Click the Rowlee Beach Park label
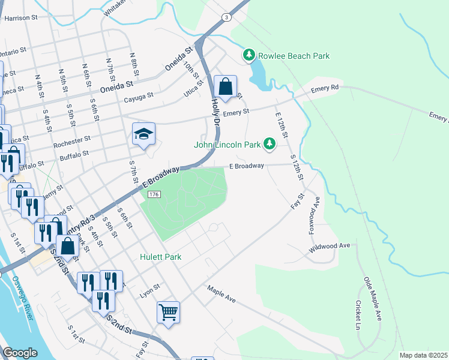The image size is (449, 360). (x=294, y=56)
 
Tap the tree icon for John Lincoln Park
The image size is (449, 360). (x=270, y=143)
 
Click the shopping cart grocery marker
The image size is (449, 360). (x=169, y=311)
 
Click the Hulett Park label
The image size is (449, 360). (x=160, y=257)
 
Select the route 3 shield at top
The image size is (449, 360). (x=226, y=17)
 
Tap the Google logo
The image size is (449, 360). (x=20, y=352)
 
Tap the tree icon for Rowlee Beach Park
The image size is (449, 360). (x=249, y=55)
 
